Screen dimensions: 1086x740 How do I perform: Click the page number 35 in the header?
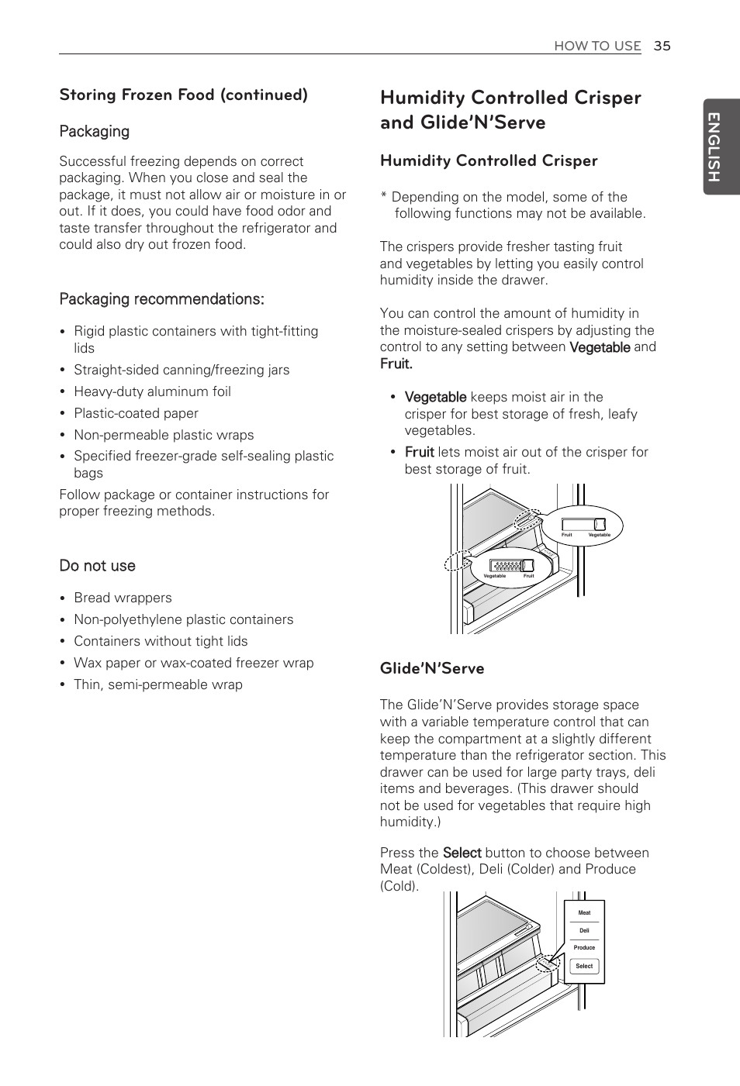coord(661,46)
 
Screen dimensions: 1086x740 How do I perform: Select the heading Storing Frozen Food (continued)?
coord(183,95)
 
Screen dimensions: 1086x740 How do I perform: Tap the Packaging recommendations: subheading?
coord(161,299)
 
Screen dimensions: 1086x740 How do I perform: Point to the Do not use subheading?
coord(97,566)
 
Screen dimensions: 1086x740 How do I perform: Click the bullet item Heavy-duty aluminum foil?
coord(152,391)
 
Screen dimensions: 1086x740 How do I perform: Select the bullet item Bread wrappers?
coord(123,598)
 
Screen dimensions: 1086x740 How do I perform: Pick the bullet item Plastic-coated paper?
coord(136,413)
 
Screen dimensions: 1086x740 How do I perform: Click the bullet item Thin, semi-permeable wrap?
coord(157,684)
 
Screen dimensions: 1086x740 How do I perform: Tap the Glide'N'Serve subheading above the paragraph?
coord(431,668)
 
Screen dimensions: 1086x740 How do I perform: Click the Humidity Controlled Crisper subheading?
coord(488,160)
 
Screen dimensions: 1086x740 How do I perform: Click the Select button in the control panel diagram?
coord(584,967)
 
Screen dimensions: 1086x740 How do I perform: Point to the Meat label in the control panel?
coord(584,913)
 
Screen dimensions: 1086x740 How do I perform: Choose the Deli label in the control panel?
coord(584,930)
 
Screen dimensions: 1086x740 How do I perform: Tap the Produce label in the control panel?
coord(584,948)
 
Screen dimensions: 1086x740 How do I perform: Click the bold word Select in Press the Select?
coord(462,853)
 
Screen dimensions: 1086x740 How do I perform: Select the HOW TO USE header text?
coord(597,46)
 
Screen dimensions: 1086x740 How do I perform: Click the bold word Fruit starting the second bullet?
coord(419,452)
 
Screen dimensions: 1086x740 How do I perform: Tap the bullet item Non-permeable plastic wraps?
coord(164,435)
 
